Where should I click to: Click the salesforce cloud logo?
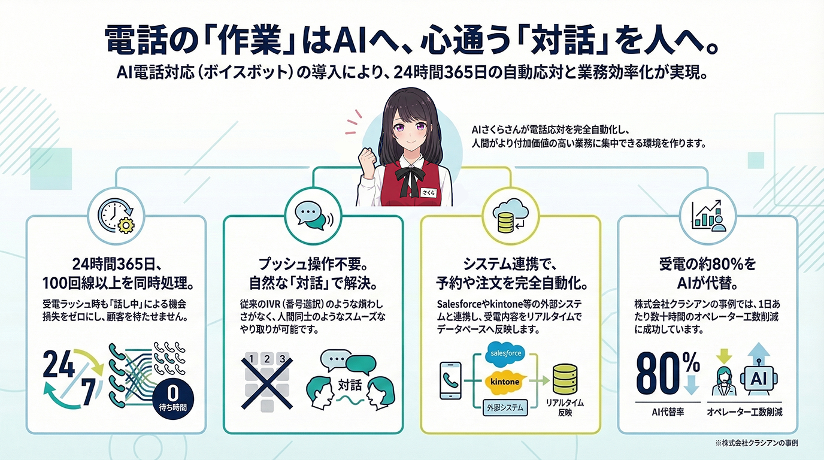click(506, 353)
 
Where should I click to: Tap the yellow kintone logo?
click(505, 381)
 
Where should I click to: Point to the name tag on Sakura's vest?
click(426, 192)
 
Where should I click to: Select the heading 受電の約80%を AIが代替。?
click(707, 272)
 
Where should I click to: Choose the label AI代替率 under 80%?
click(668, 413)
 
